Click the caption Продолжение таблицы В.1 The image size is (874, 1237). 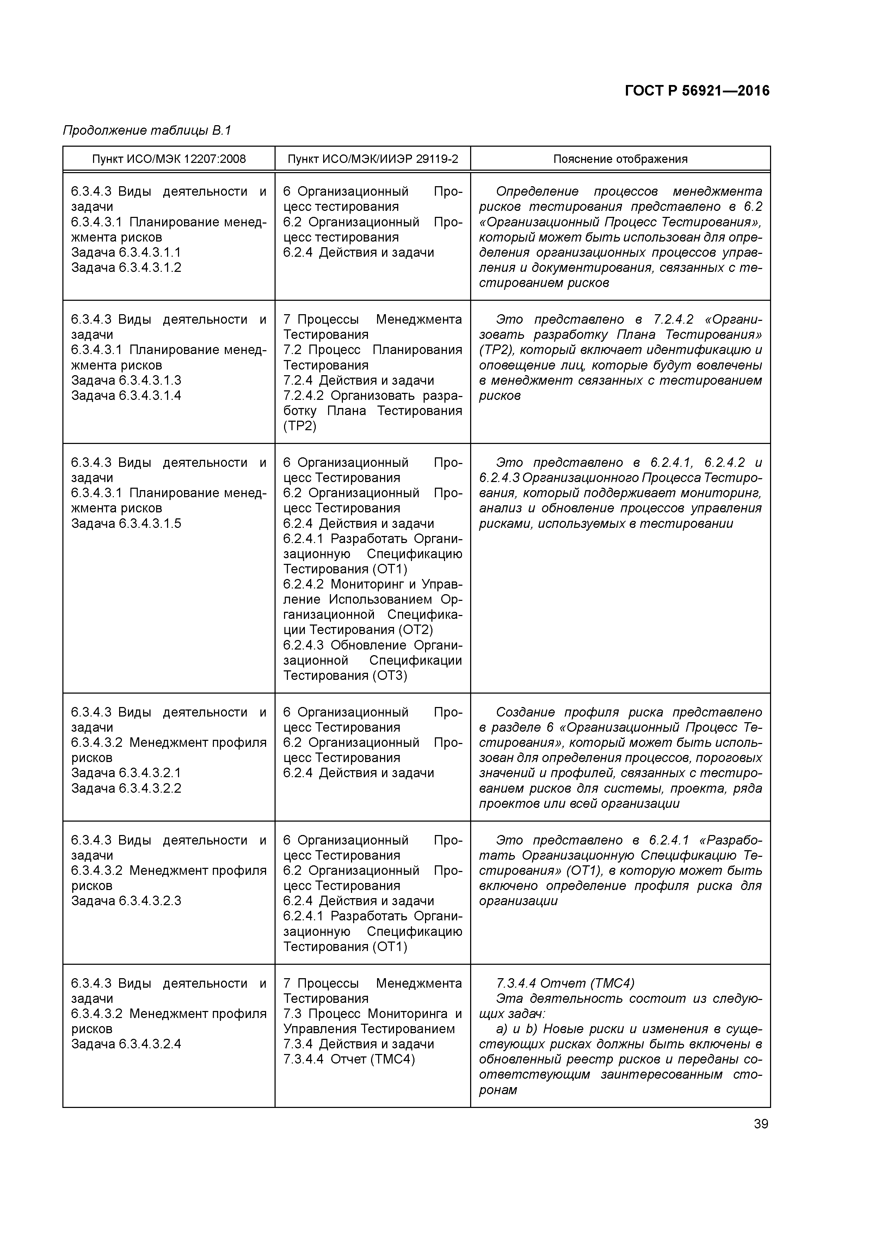[x=147, y=130]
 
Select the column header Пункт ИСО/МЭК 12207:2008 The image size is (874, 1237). [x=168, y=159]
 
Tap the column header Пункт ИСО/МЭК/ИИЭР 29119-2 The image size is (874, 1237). [x=373, y=159]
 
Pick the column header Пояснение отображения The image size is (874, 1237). [x=620, y=159]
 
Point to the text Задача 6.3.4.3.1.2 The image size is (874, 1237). [x=126, y=268]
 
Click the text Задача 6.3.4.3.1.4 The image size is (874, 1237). [x=126, y=395]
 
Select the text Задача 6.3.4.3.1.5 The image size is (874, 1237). [x=126, y=524]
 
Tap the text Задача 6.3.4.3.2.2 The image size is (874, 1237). [x=126, y=788]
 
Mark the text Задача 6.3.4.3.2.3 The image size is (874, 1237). [x=126, y=901]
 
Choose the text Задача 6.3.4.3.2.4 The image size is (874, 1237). [x=126, y=1044]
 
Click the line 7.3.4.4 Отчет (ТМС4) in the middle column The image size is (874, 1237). [x=349, y=1059]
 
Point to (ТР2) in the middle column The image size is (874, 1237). [x=300, y=426]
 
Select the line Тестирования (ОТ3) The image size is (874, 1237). [x=345, y=676]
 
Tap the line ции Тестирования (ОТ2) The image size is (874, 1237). [x=358, y=630]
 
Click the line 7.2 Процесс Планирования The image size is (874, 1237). [x=373, y=350]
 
